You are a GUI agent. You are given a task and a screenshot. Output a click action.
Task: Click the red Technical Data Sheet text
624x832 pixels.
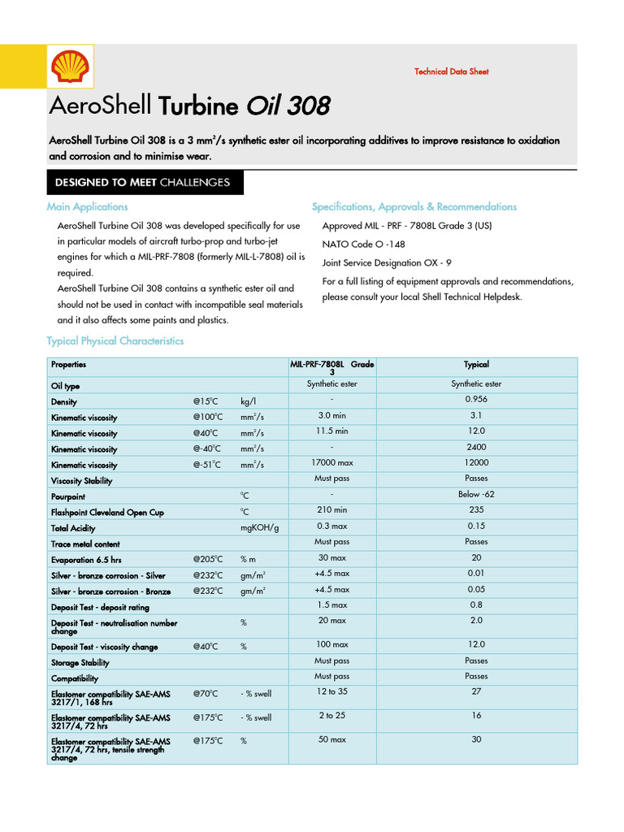pyautogui.click(x=451, y=71)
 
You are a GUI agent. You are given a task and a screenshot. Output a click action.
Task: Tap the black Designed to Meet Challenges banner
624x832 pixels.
pyautogui.click(x=142, y=182)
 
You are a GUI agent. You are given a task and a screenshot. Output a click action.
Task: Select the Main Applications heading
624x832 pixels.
pyautogui.click(x=87, y=207)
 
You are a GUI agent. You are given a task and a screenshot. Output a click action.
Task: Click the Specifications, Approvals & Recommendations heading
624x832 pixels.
pyautogui.click(x=414, y=207)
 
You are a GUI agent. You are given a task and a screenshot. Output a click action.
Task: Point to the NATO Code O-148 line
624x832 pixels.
pyautogui.click(x=363, y=244)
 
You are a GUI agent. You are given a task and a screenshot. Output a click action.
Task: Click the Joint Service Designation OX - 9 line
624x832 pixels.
pyautogui.click(x=386, y=262)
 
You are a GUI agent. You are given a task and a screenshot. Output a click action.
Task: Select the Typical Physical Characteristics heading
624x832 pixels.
pyautogui.click(x=115, y=341)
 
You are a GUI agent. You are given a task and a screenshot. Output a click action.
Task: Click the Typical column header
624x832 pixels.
pyautogui.click(x=476, y=365)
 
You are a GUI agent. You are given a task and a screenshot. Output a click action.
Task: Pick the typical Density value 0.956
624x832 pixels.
pyautogui.click(x=476, y=400)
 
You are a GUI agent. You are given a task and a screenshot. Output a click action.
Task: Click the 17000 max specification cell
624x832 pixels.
pyautogui.click(x=331, y=462)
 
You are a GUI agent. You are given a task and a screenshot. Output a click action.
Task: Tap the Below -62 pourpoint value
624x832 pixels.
pyautogui.click(x=476, y=494)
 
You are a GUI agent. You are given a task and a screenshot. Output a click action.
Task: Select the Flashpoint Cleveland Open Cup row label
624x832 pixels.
pyautogui.click(x=107, y=513)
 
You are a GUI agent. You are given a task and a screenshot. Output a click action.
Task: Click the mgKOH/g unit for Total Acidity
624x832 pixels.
pyautogui.click(x=259, y=528)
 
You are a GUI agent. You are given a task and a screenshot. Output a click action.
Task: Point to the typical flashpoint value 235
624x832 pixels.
pyautogui.click(x=476, y=510)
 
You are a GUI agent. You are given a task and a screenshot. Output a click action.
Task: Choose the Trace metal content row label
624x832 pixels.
pyautogui.click(x=85, y=544)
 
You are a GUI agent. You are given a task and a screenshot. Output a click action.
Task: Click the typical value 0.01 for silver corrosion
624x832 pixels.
pyautogui.click(x=476, y=574)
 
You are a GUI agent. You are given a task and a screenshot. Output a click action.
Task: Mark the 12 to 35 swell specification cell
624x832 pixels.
pyautogui.click(x=331, y=691)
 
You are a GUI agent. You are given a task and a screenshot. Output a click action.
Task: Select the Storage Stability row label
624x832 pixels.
pyautogui.click(x=80, y=663)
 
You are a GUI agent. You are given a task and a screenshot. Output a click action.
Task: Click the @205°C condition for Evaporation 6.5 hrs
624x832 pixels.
pyautogui.click(x=208, y=560)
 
